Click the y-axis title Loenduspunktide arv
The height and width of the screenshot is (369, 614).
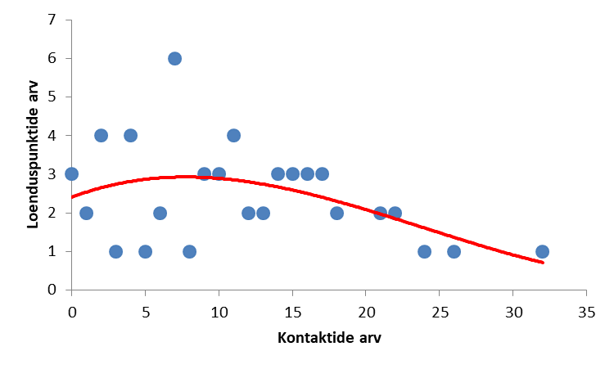34,155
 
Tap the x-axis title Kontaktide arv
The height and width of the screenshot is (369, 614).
329,338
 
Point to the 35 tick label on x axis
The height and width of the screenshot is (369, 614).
586,312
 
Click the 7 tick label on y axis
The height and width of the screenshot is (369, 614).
52,20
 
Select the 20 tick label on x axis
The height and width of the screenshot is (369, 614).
366,312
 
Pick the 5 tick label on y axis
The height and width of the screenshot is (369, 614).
52,97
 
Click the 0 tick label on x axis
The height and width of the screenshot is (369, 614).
71,312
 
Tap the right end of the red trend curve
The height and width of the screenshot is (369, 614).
543,263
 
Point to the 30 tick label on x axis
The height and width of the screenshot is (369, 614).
512,312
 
